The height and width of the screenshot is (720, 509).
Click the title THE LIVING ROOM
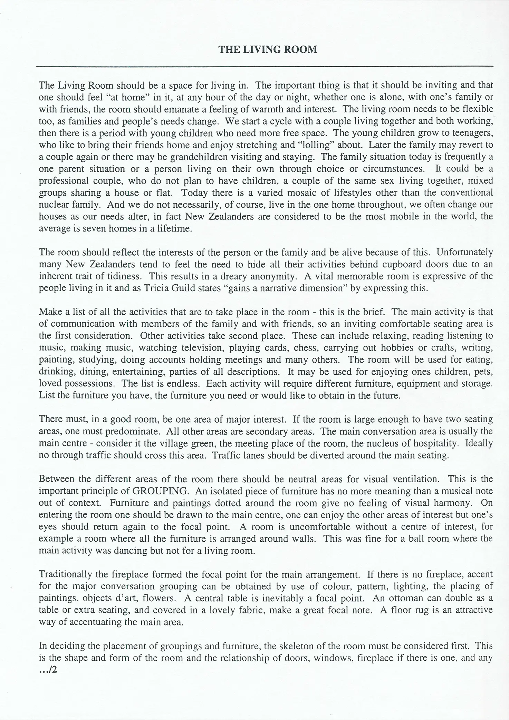[268, 50]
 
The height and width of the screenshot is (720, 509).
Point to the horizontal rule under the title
[265, 66]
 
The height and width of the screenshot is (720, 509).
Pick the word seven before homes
[84, 229]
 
